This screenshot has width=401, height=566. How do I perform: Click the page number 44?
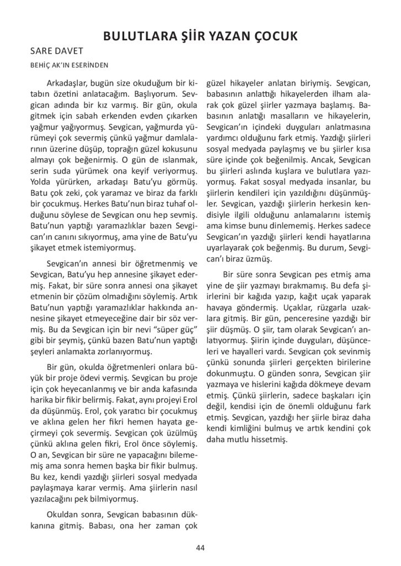tap(200, 547)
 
